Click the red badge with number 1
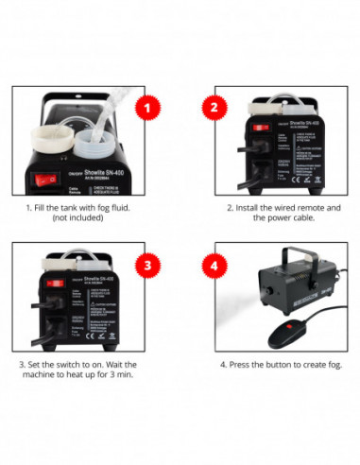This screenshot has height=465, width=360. coord(146,107)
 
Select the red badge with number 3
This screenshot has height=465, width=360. coord(146,263)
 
